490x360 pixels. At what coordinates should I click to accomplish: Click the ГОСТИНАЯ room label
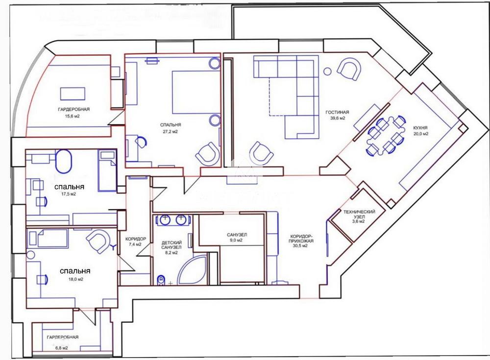pyautogui.click(x=337, y=112)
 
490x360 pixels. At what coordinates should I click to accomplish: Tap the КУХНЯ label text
pyautogui.click(x=420, y=128)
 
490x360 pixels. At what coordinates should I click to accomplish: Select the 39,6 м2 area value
pyautogui.click(x=338, y=118)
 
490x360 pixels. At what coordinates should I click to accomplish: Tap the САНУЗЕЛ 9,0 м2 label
pyautogui.click(x=237, y=238)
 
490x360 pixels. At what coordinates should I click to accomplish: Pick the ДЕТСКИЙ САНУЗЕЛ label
pyautogui.click(x=171, y=245)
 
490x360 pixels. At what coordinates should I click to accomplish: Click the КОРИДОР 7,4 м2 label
pyautogui.click(x=136, y=241)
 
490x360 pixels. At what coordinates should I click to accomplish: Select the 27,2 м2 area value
pyautogui.click(x=171, y=132)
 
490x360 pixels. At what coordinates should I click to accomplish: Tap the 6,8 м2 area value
pyautogui.click(x=61, y=348)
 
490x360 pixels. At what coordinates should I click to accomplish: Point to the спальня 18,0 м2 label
pyautogui.click(x=75, y=274)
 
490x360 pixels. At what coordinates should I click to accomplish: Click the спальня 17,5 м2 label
pyautogui.click(x=69, y=190)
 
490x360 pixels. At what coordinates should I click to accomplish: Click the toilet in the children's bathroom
pyautogui.click(x=161, y=280)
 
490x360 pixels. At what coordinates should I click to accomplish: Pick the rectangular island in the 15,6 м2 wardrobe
pyautogui.click(x=73, y=94)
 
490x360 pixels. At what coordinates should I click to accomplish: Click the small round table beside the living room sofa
pyautogui.click(x=327, y=72)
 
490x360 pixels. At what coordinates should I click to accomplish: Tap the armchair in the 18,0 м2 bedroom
pyautogui.click(x=99, y=241)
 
